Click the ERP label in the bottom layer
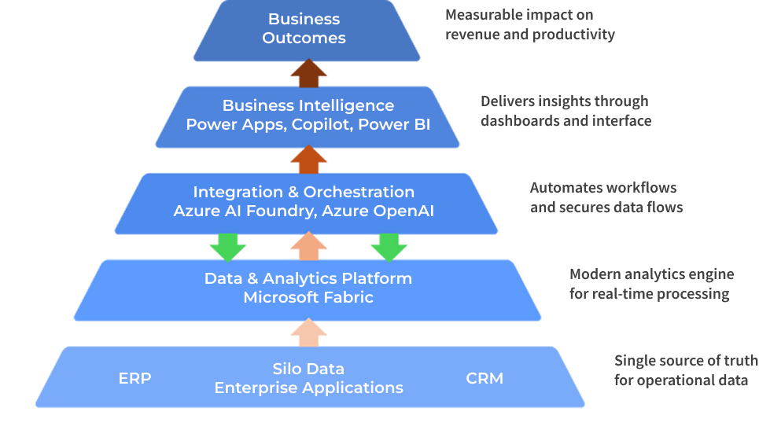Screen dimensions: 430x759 pos(134,378)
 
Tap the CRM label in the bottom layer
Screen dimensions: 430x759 pos(485,378)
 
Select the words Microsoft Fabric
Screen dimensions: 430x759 pos(308,297)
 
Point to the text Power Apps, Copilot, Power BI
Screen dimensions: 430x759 pos(308,124)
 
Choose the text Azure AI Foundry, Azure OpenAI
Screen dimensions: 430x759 pos(304,211)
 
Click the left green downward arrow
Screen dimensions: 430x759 pos(227,246)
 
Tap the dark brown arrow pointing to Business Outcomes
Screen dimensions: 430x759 pos(308,73)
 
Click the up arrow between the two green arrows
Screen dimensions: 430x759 pos(308,245)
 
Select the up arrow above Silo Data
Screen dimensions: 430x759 pos(308,333)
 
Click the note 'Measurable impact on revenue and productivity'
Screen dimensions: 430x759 pos(529,24)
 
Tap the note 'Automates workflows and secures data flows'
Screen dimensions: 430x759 pos(606,197)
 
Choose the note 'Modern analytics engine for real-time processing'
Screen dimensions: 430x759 pos(651,284)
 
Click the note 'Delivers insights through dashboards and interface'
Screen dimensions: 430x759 pos(566,111)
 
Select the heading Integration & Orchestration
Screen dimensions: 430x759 pos(304,192)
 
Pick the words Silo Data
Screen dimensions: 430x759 pos(308,369)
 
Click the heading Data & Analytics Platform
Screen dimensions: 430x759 pos(308,278)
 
